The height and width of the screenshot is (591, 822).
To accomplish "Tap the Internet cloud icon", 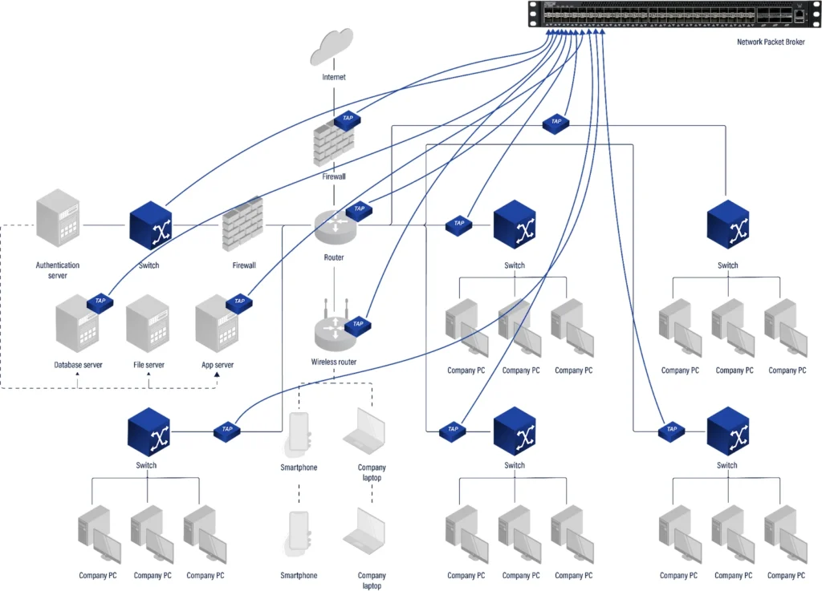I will click(x=332, y=46).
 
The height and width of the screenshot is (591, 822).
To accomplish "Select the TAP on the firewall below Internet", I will click(x=348, y=119).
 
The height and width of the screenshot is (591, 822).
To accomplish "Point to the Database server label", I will click(x=78, y=365).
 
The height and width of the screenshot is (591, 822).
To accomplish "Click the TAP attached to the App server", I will click(x=239, y=302).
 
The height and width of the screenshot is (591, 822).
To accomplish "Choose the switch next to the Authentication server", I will click(x=149, y=225).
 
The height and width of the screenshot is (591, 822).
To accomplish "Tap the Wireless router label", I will click(x=334, y=362).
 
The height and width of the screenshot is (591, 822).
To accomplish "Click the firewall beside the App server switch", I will click(x=243, y=225).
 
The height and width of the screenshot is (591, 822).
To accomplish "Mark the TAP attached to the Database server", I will click(x=100, y=302).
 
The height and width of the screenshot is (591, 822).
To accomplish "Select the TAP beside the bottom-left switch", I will click(x=227, y=431).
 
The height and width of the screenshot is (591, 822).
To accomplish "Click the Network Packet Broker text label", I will click(x=769, y=43).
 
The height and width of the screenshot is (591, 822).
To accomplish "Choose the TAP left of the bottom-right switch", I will click(x=672, y=431).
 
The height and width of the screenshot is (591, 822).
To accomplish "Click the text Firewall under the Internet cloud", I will click(x=334, y=176).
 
